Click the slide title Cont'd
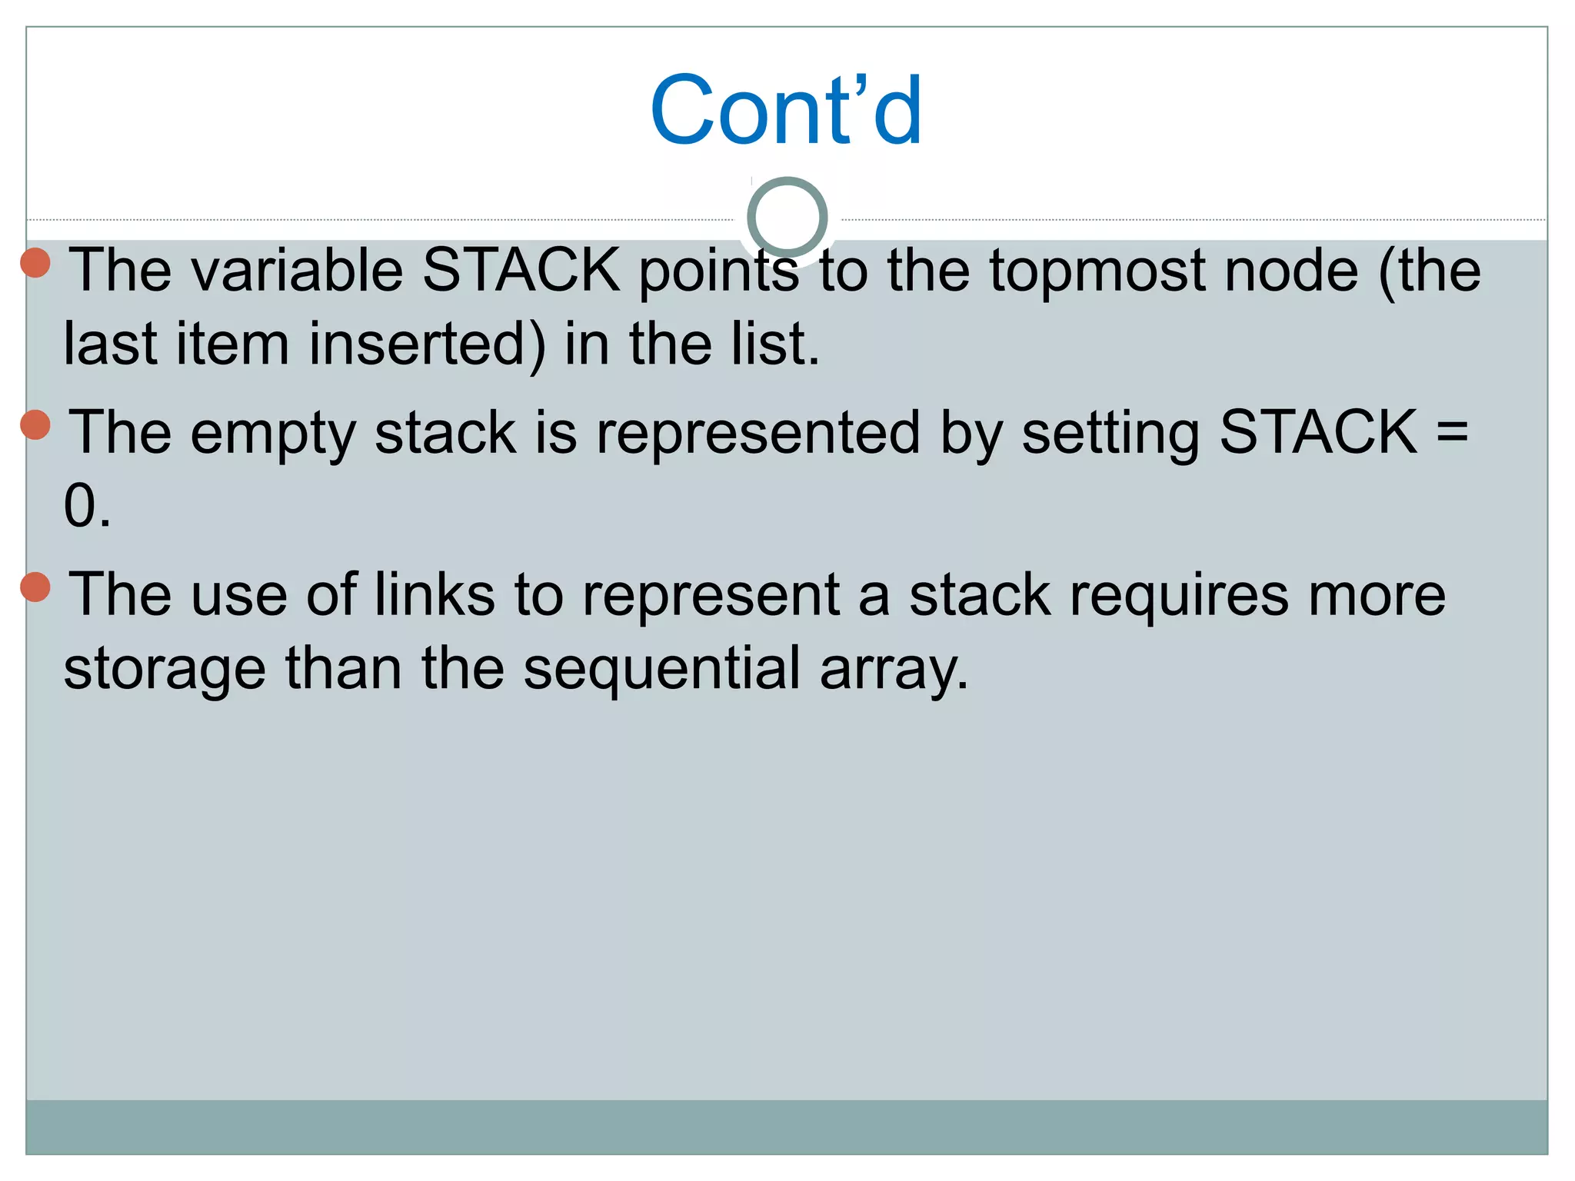[x=786, y=110]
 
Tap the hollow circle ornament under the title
[x=787, y=218]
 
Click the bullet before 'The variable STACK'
[x=35, y=262]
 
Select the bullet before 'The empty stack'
[x=35, y=424]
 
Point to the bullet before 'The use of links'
[x=35, y=587]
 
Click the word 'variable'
[x=297, y=271]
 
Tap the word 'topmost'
[x=1096, y=271]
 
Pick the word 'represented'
[x=758, y=433]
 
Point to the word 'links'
[x=435, y=594]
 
